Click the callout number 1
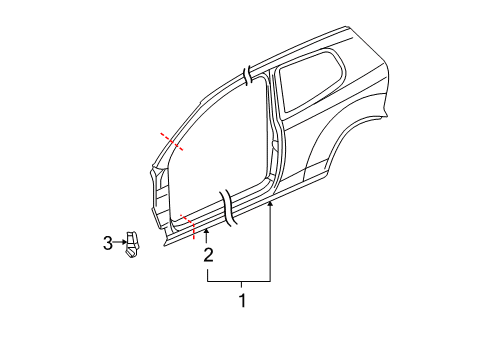[243, 301]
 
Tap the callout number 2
[208, 255]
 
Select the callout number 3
[108, 243]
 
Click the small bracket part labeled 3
[132, 245]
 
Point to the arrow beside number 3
[120, 242]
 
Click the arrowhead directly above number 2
[207, 231]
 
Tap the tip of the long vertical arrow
[270, 202]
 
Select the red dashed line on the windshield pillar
[172, 142]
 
